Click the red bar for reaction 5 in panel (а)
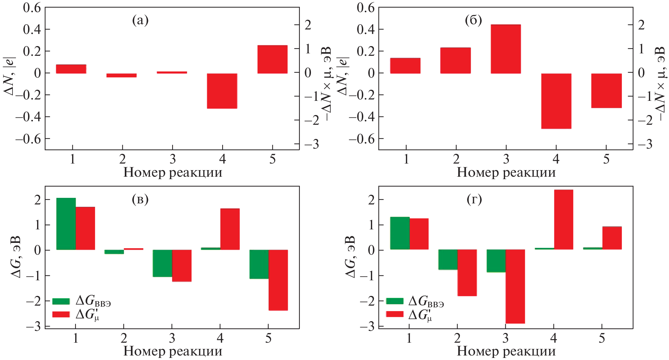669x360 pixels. point(272,59)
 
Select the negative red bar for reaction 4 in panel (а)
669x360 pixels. point(222,91)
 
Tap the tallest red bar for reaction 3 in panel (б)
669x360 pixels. point(506,49)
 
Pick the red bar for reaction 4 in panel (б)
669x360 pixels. point(556,101)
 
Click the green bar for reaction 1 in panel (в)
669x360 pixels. point(66,224)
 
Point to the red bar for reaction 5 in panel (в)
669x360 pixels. point(278,280)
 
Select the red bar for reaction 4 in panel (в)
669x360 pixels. point(230,229)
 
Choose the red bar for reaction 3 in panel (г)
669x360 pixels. point(515,286)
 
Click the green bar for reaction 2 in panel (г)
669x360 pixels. point(448,260)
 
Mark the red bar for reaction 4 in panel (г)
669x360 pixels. point(563,219)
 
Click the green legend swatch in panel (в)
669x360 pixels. point(61,301)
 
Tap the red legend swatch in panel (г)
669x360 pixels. point(394,314)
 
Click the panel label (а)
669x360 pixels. point(140,20)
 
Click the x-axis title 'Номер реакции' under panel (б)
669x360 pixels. point(506,172)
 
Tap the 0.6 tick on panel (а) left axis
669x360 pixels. point(32,7)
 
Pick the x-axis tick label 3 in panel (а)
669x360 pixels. point(173,159)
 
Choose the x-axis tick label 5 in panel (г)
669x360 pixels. point(602,338)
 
